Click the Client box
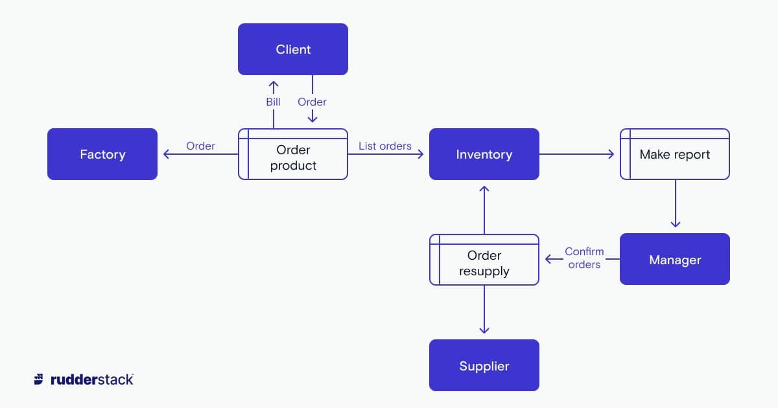tap(293, 49)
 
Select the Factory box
tap(102, 154)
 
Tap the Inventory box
tap(484, 154)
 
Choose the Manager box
tap(675, 260)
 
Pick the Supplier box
tap(484, 366)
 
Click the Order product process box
tap(293, 157)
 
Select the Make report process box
tap(675, 154)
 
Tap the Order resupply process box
tap(484, 263)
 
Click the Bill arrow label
tap(273, 102)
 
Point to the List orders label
tap(385, 146)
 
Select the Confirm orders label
tap(584, 258)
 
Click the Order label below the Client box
tap(312, 102)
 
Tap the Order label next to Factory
tap(200, 146)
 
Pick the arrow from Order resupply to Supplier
tap(484, 310)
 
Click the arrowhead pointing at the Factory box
tap(166, 154)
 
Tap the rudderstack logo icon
tap(40, 380)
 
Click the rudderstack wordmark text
tap(91, 380)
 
